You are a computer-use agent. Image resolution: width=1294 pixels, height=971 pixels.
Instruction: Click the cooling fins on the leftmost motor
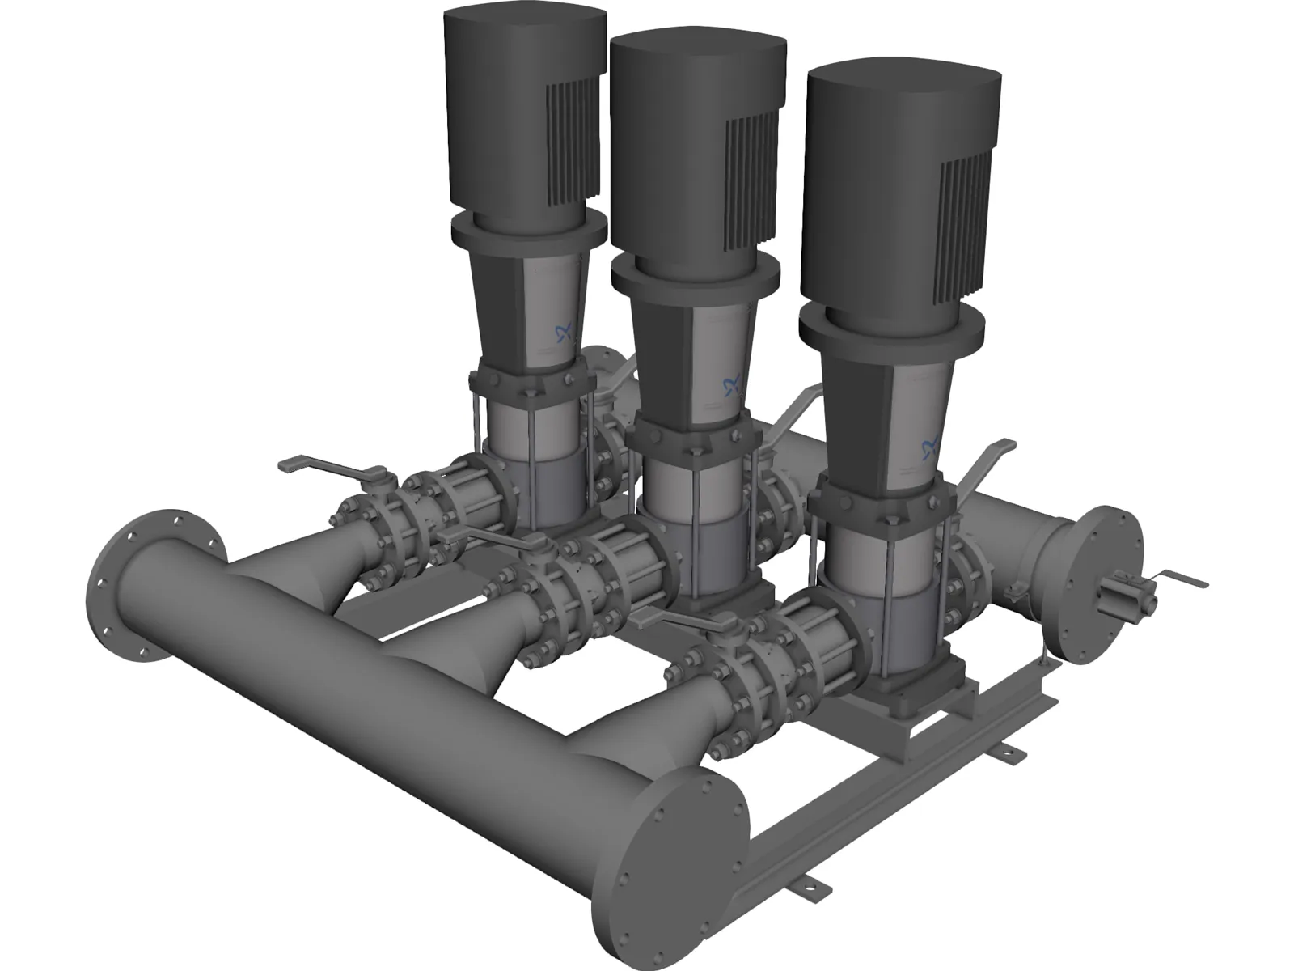576,138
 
